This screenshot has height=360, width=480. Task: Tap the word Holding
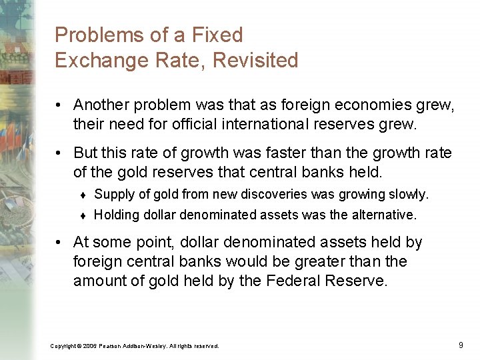click(114, 215)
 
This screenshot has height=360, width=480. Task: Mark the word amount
click(100, 281)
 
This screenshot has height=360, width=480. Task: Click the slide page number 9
click(461, 345)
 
